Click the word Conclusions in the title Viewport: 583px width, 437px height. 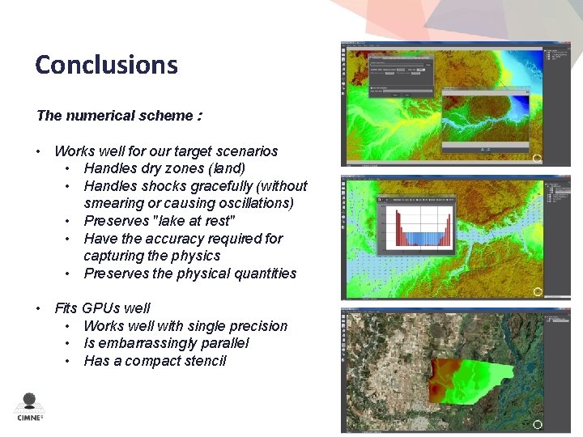click(106, 64)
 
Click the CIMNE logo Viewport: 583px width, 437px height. click(30, 407)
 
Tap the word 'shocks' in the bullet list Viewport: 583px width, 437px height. click(165, 186)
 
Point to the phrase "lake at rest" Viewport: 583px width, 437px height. click(193, 221)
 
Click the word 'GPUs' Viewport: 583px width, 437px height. click(100, 308)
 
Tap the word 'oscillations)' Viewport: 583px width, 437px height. click(253, 203)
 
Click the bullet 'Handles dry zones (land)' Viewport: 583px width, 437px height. click(164, 168)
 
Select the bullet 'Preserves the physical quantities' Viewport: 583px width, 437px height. click(189, 274)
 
